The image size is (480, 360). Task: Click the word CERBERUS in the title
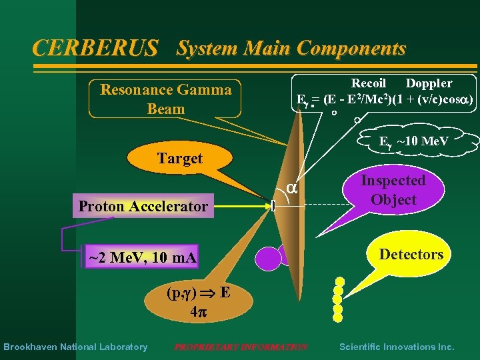click(95, 48)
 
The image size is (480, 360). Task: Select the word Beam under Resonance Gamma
click(165, 108)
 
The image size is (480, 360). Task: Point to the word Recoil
click(369, 83)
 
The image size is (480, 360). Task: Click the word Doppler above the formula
click(429, 83)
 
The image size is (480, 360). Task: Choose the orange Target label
click(179, 159)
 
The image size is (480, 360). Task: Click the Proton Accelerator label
click(143, 206)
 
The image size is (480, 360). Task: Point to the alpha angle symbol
click(291, 189)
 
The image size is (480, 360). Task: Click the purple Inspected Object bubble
click(393, 190)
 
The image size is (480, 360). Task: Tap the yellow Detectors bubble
click(411, 254)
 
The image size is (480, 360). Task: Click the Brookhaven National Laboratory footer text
click(75, 347)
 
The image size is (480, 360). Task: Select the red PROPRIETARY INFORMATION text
click(241, 347)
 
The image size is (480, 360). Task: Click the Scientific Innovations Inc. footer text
click(397, 347)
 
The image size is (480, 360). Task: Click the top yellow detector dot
click(340, 281)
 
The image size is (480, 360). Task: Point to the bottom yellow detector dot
click(338, 318)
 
